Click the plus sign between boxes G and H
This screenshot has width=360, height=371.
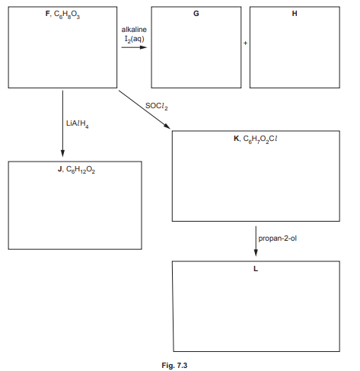pos(246,43)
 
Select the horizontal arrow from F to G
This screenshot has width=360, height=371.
pos(134,48)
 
